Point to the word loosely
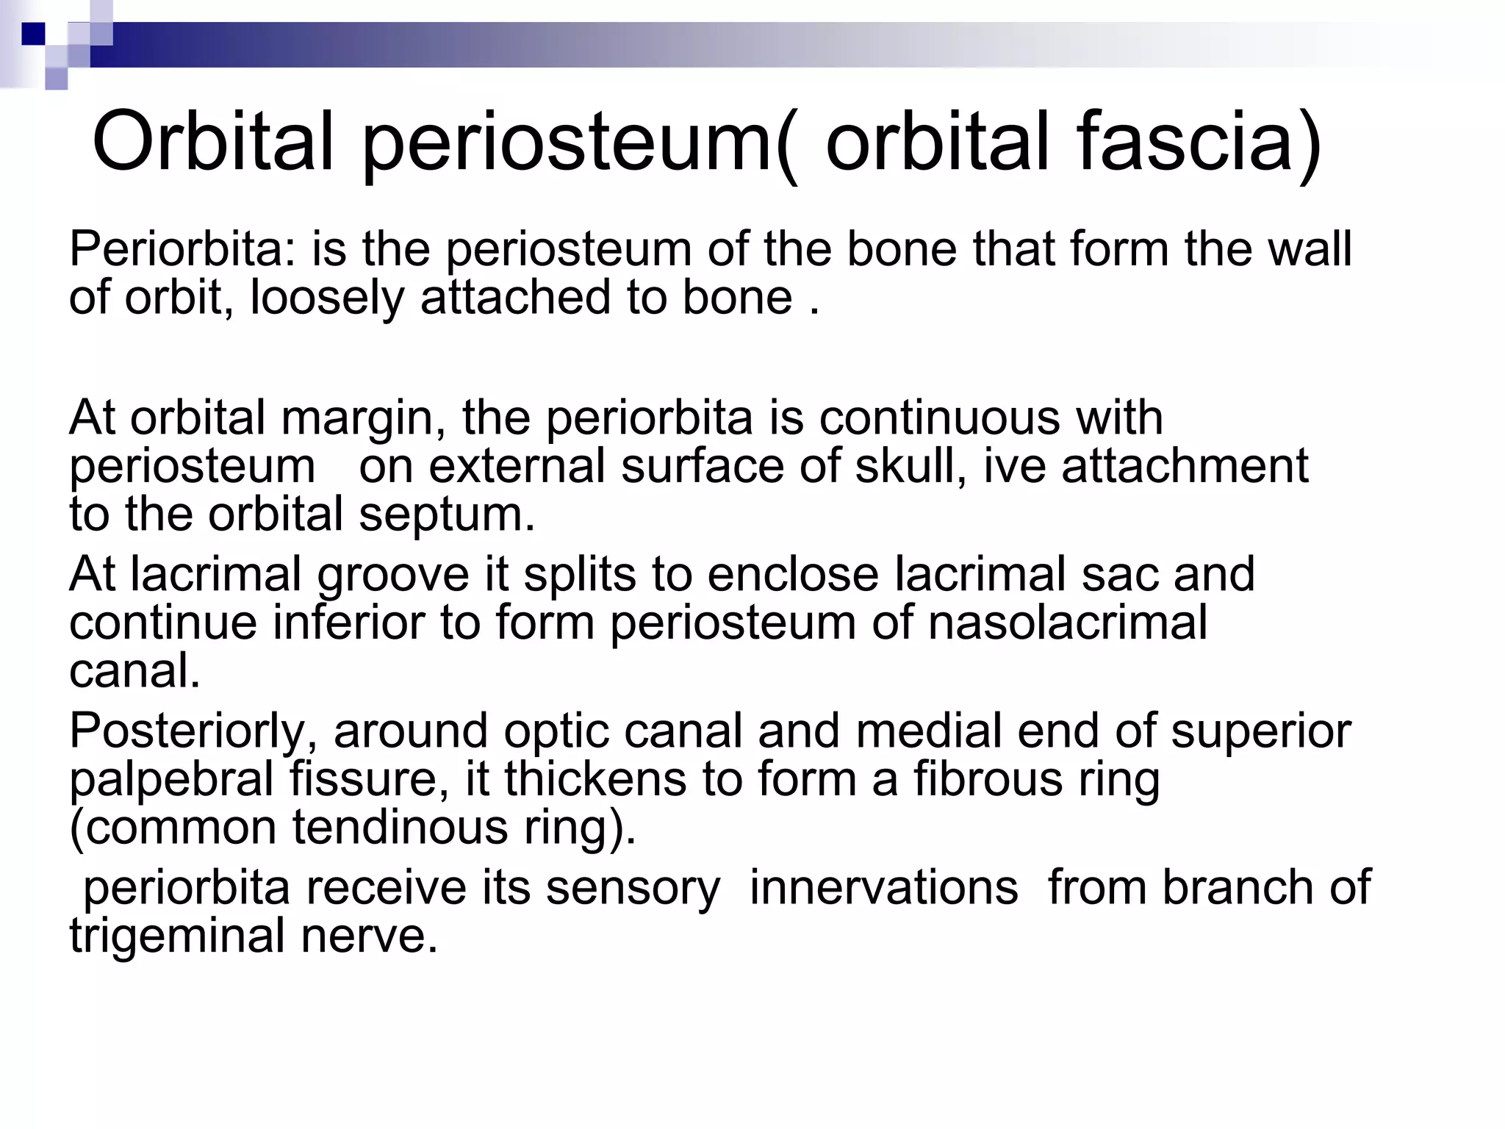[x=328, y=298]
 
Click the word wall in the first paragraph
[x=1311, y=249]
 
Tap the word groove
[x=392, y=575]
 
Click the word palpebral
[x=171, y=780]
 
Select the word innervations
[x=883, y=888]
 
